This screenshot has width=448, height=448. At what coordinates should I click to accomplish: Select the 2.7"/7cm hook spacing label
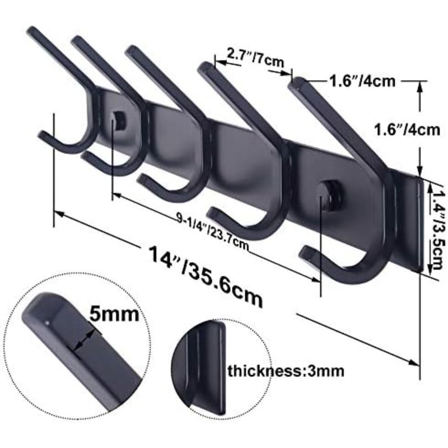coord(255,58)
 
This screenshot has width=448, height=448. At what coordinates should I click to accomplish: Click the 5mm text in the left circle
coord(114,314)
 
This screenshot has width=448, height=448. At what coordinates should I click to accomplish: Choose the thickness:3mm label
coord(286,371)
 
